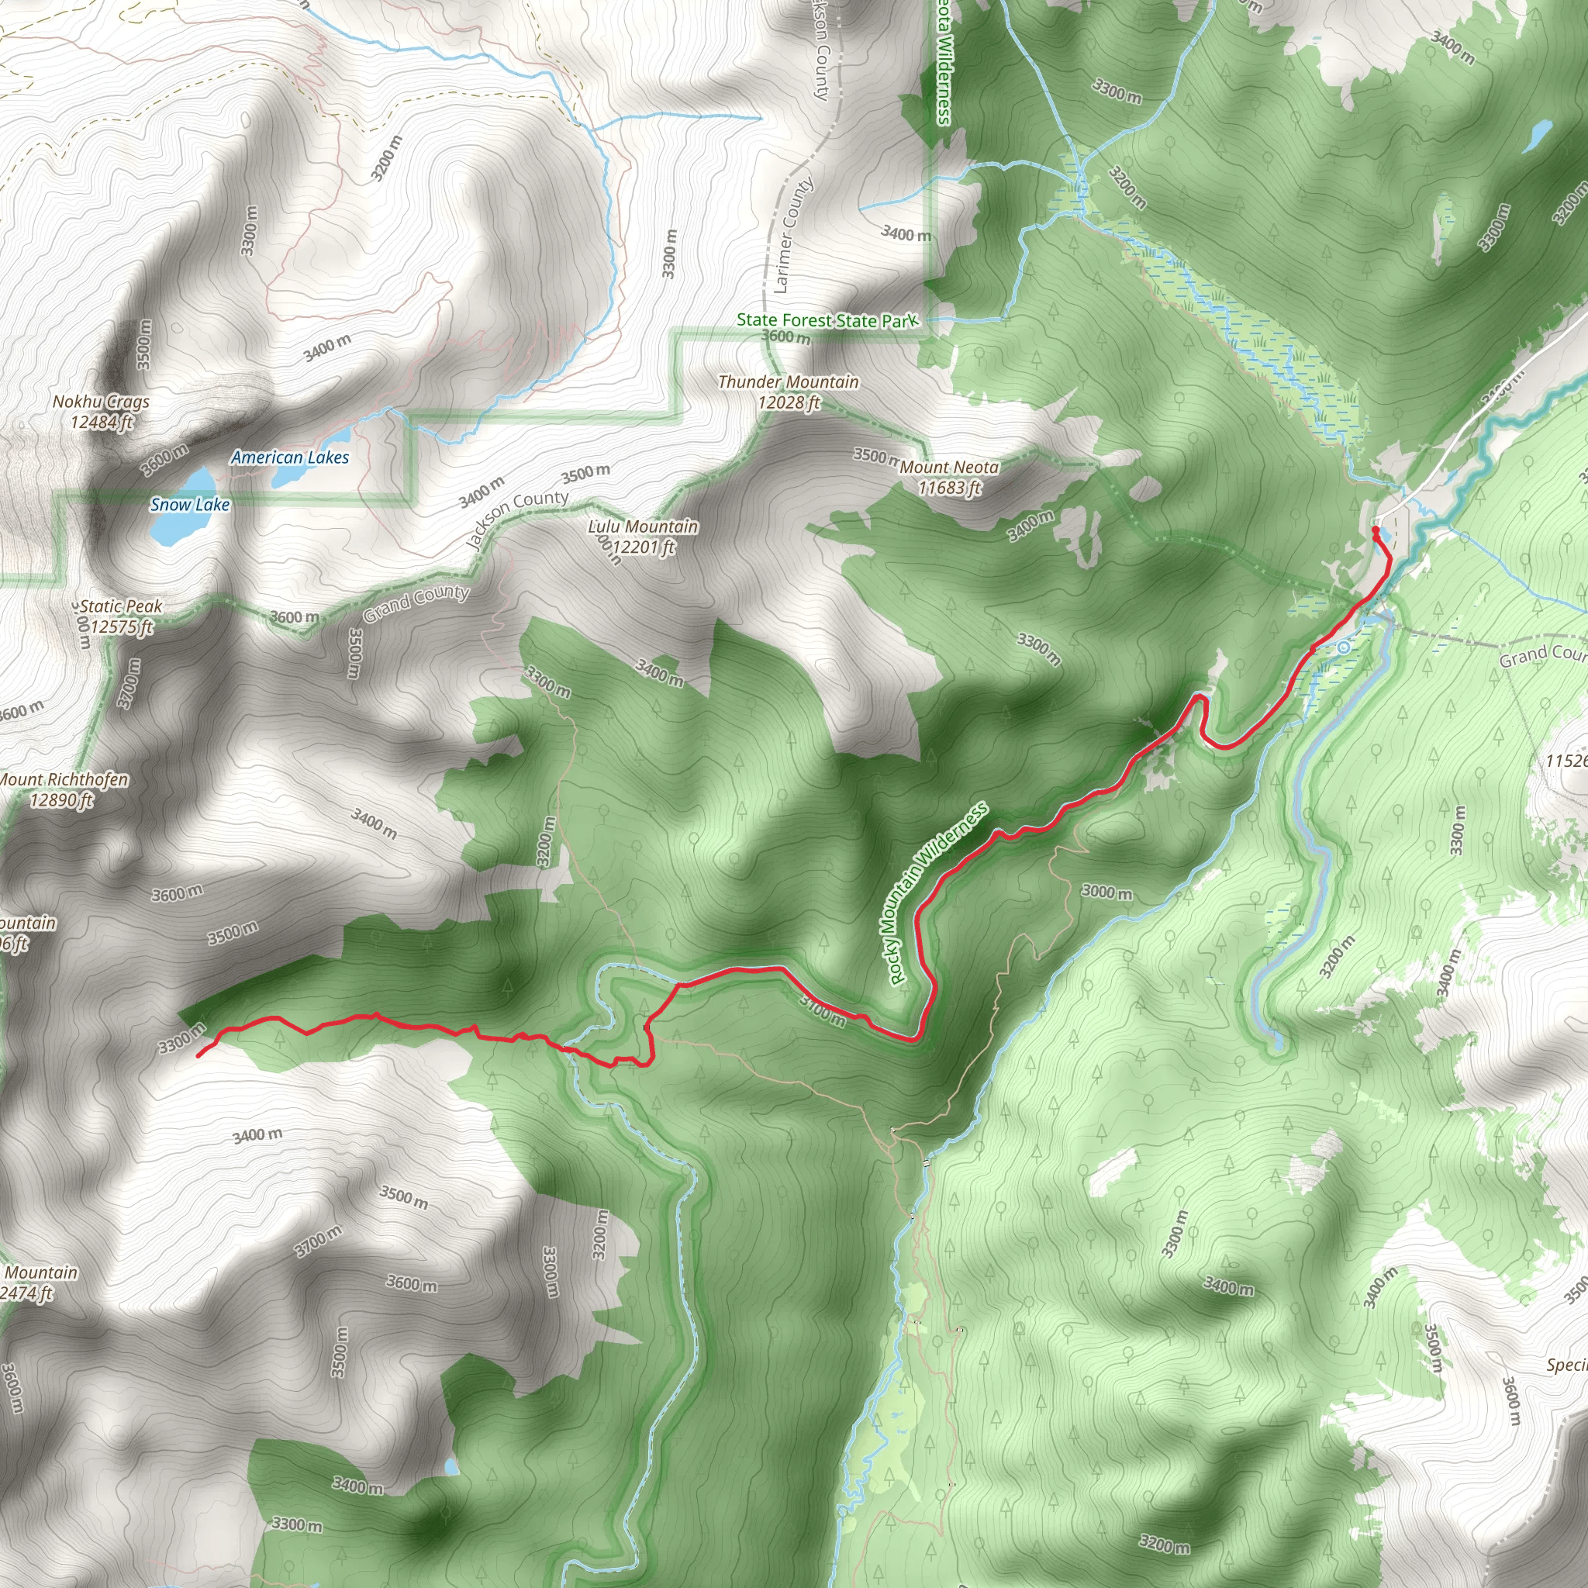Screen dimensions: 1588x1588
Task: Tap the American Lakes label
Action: (289, 457)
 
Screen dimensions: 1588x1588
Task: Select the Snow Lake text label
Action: (190, 505)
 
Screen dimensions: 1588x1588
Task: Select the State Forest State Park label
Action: (826, 320)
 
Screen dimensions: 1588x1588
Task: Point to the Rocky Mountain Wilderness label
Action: (938, 894)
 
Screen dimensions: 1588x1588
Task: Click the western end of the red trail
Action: (198, 1056)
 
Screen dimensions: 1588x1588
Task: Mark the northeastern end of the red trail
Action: (1375, 530)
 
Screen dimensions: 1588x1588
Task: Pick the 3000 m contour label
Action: (1106, 892)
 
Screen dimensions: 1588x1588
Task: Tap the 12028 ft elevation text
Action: (789, 402)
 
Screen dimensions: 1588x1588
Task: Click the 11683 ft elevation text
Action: (949, 488)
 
